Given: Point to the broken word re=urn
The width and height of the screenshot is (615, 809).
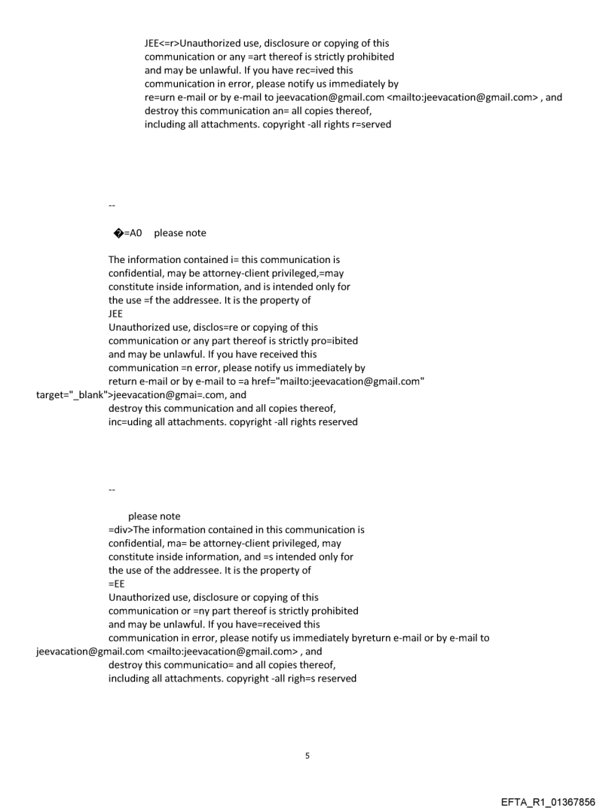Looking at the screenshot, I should click(160, 97).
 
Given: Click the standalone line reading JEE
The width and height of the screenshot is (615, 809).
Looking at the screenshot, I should click(115, 314).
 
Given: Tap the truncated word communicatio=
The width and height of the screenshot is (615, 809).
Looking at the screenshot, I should click(223, 665).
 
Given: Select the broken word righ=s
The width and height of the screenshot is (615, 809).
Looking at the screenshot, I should click(296, 679).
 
